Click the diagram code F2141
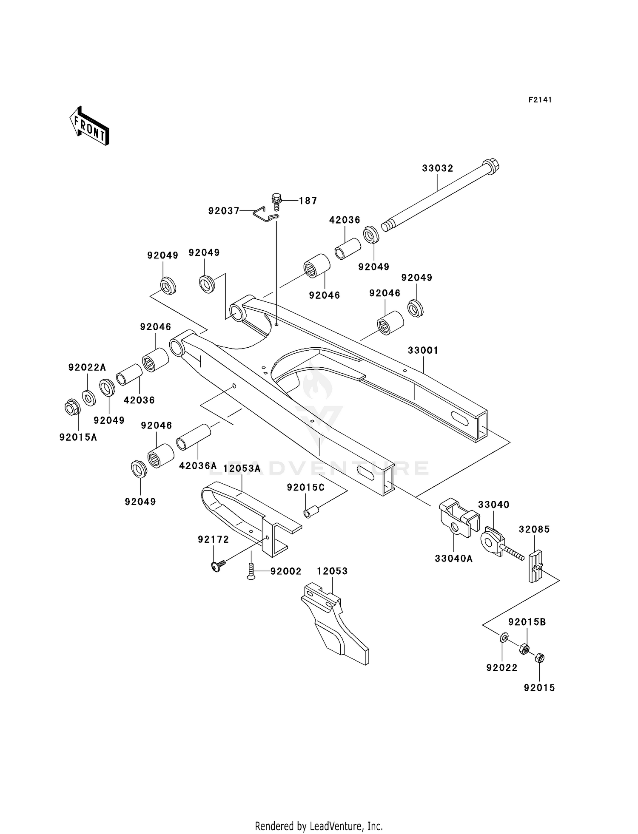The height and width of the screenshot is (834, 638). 540,100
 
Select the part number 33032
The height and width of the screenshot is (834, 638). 437,168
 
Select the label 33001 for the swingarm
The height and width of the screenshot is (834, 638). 422,350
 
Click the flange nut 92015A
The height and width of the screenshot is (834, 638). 71,408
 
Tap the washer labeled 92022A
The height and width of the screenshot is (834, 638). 89,398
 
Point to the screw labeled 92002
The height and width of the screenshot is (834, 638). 251,570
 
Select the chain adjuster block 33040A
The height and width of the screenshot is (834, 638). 457,519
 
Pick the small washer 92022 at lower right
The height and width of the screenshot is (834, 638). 504,637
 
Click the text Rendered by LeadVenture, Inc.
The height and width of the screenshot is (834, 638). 319,826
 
